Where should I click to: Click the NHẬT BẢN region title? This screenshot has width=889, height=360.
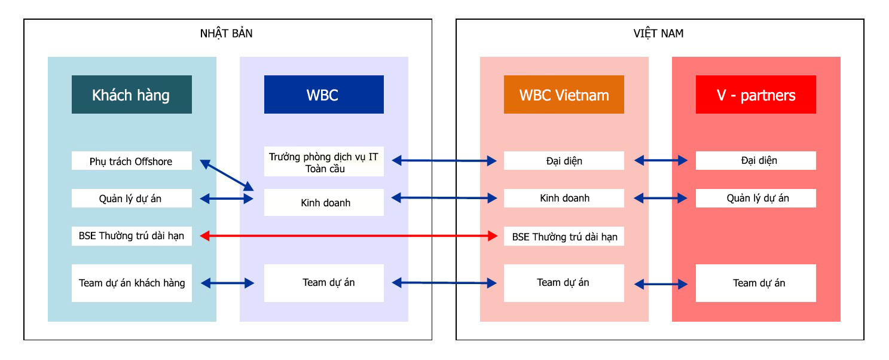(x=226, y=33)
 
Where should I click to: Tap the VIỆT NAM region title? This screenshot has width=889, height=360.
(x=658, y=33)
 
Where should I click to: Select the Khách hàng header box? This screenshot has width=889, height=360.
(x=132, y=94)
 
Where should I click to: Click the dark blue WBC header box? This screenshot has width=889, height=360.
(x=323, y=94)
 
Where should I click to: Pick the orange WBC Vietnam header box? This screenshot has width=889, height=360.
(x=564, y=94)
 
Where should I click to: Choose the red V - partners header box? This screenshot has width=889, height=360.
(x=756, y=94)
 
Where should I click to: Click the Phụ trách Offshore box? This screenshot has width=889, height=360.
(x=132, y=161)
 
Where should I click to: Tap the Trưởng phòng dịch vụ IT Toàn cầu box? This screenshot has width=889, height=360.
(x=323, y=162)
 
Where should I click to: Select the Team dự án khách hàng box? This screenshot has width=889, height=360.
(x=132, y=283)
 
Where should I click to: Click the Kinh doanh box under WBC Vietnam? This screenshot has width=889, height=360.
(x=564, y=198)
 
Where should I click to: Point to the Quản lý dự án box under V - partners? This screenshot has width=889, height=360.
(x=756, y=198)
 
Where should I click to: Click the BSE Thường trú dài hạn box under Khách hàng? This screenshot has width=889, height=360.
(x=132, y=236)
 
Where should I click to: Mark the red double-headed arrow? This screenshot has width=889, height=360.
(x=349, y=236)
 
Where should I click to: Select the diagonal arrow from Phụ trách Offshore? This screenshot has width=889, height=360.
(x=227, y=174)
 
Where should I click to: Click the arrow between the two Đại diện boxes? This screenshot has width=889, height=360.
(x=661, y=160)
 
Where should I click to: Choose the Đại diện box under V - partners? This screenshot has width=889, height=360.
(x=756, y=160)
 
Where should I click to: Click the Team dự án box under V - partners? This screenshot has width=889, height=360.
(x=756, y=283)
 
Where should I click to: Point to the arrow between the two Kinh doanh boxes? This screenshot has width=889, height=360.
(x=444, y=197)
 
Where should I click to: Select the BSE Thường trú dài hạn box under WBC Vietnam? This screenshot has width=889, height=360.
(x=564, y=237)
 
